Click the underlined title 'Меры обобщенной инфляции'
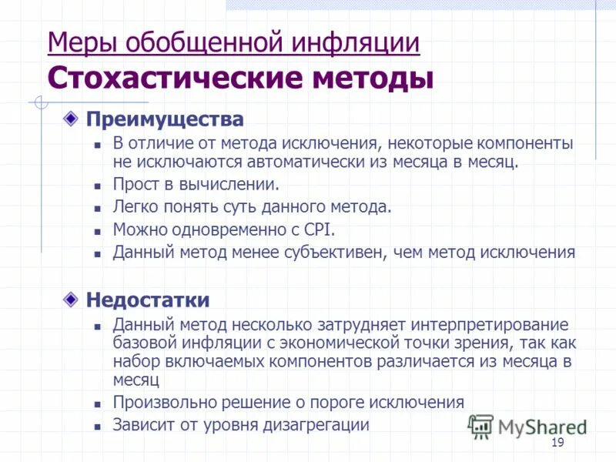[233, 42]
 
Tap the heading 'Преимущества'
[164, 119]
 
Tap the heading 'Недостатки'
[147, 300]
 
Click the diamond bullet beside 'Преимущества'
[71, 119]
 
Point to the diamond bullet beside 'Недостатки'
[71, 299]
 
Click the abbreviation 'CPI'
[317, 229]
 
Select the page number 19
[558, 442]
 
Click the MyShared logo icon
[480, 425]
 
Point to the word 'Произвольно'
[157, 402]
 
